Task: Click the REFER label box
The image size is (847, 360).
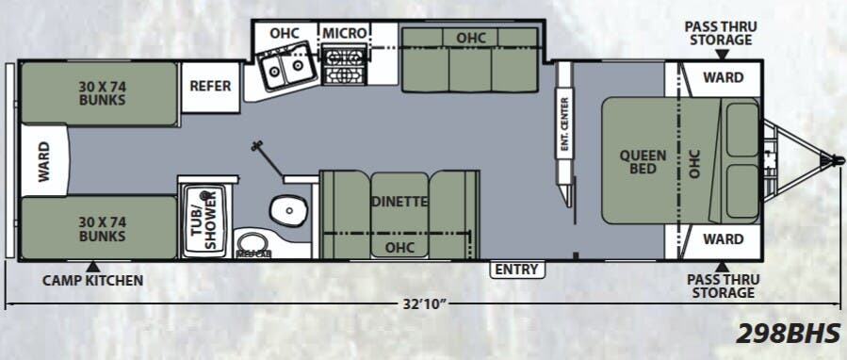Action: point(210,86)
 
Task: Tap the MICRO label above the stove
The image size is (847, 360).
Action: point(344,33)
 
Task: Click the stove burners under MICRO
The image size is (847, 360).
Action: point(344,68)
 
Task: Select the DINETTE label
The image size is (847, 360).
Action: point(399,201)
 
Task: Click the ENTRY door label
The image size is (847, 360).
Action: point(517,270)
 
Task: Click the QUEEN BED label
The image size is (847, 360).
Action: point(643,162)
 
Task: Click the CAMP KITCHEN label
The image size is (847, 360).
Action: point(93,280)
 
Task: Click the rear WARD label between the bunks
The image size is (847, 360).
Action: point(43,161)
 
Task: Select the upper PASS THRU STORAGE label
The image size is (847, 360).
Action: point(720,32)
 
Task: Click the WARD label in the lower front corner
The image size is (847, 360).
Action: point(723,239)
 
